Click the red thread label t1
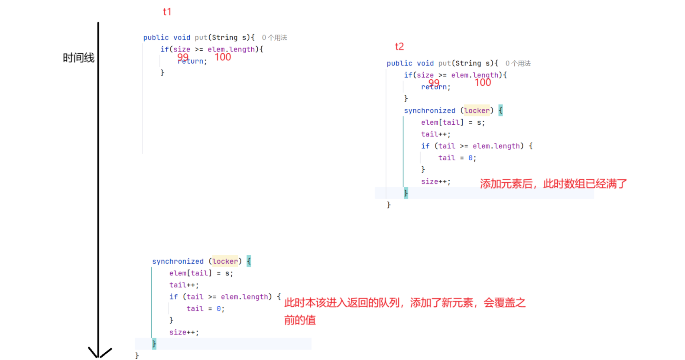click(x=167, y=12)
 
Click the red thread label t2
click(x=399, y=46)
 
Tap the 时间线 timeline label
click(x=78, y=58)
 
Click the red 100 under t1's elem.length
click(x=223, y=57)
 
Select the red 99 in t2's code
click(x=434, y=83)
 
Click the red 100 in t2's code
click(x=483, y=83)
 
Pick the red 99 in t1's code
click(x=183, y=57)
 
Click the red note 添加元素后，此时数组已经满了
click(x=553, y=184)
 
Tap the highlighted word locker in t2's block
click(x=477, y=110)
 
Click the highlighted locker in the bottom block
click(x=225, y=261)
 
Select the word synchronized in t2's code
click(x=429, y=110)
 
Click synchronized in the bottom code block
click(x=178, y=261)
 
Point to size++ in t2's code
click(x=435, y=182)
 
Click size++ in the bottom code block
click(x=183, y=332)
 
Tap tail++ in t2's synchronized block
click(x=435, y=134)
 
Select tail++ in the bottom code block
click(x=183, y=285)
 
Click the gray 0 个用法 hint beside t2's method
click(x=518, y=63)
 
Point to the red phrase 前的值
click(x=300, y=320)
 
